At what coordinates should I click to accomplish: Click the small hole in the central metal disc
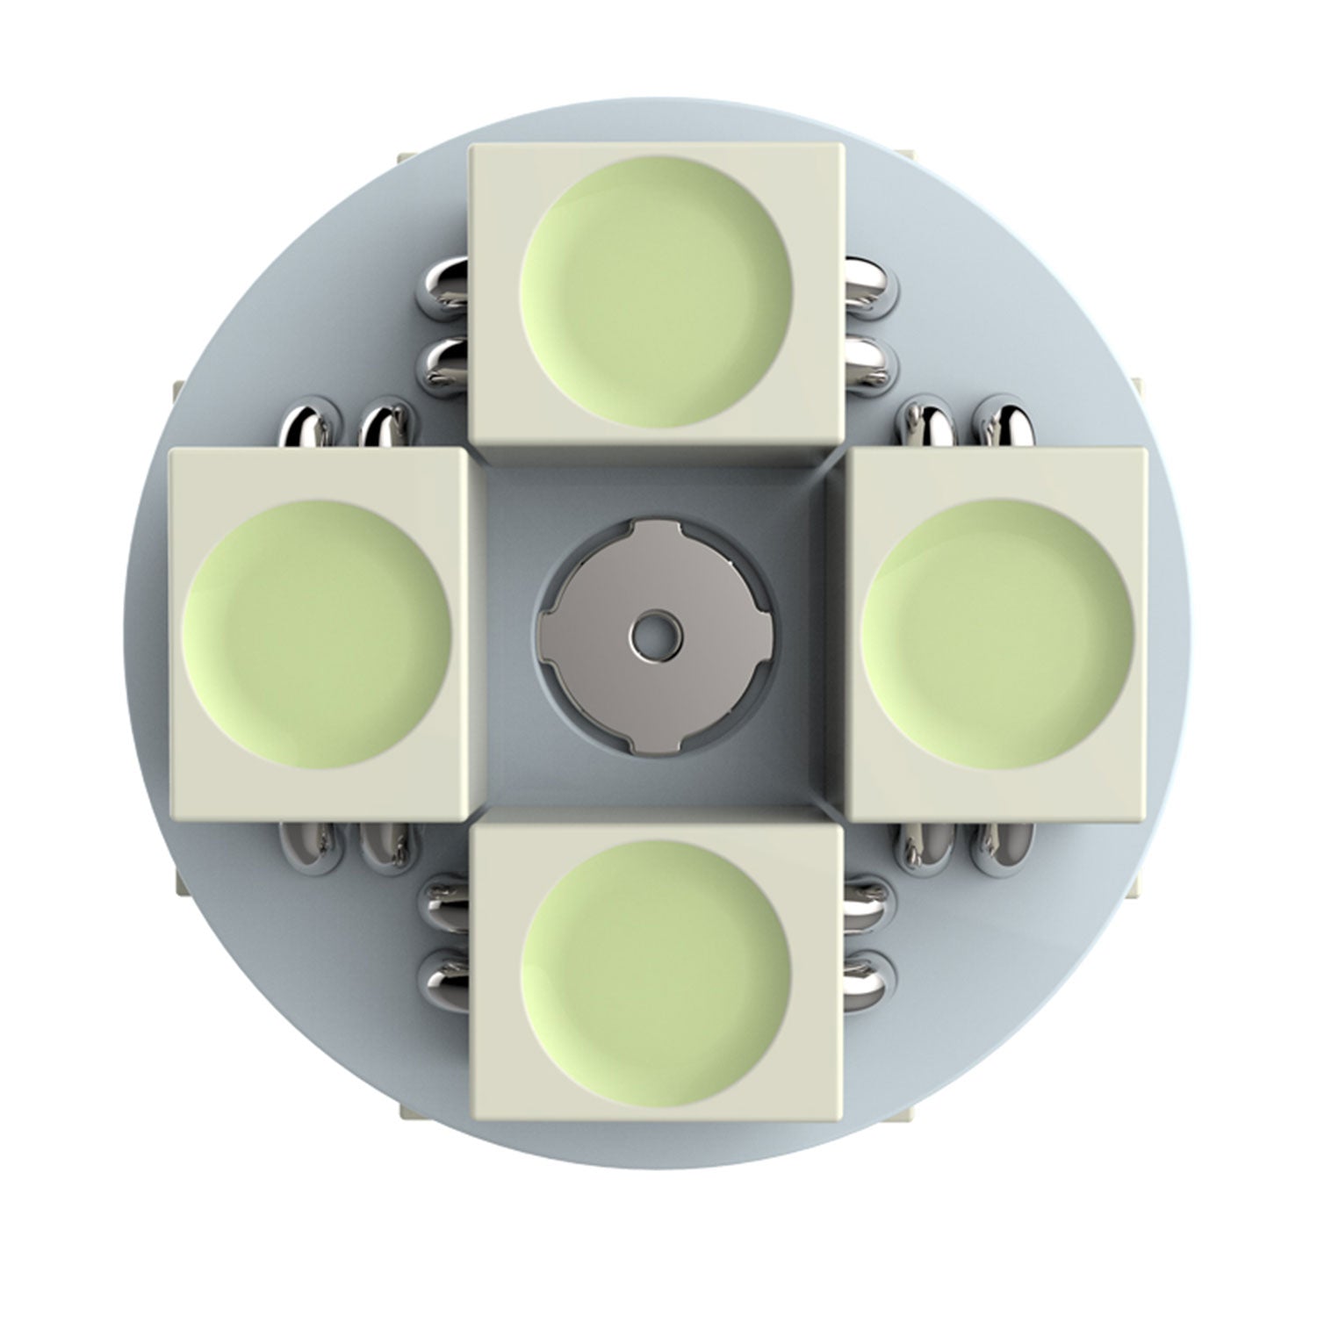click(x=651, y=633)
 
